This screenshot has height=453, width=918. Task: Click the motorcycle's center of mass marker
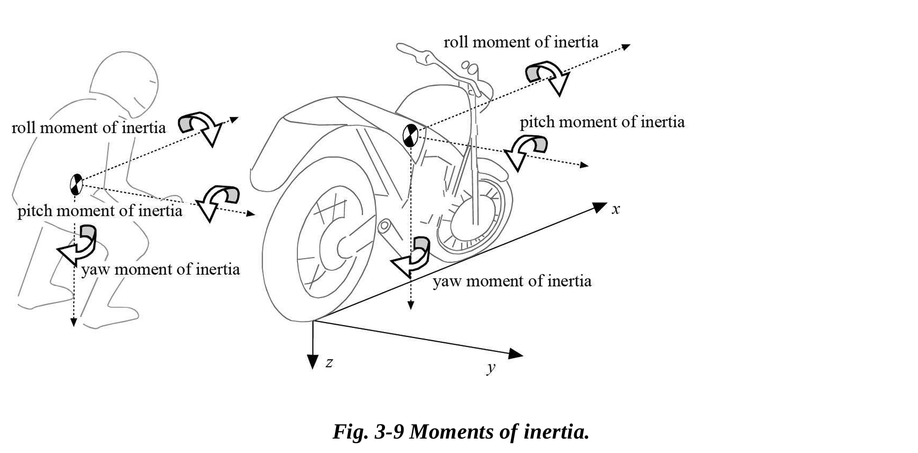pos(410,135)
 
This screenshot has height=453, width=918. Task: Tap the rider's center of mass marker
pos(76,184)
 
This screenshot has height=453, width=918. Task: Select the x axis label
pos(615,209)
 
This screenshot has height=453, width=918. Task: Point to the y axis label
pos(491,367)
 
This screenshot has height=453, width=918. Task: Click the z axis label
pos(329,363)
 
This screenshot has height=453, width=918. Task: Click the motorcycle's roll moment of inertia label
pos(521,42)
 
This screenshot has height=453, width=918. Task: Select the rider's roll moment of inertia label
pos(89,127)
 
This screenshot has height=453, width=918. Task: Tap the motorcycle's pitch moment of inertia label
pos(602,122)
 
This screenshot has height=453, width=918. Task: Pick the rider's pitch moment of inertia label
pos(99,211)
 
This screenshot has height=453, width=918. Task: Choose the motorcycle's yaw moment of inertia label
pos(512,281)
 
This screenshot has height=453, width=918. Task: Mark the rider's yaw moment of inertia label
pos(160,269)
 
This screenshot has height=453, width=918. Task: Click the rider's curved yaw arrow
pos(79,244)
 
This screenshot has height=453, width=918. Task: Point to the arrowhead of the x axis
pos(600,207)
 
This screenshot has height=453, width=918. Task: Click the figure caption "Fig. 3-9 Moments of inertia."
pos(461,431)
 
